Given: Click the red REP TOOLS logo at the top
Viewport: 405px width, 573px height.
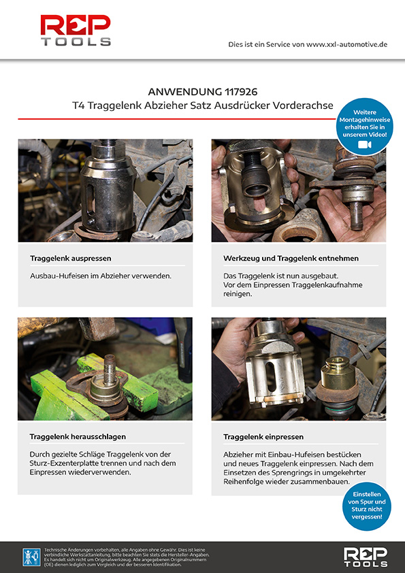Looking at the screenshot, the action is pos(76,31).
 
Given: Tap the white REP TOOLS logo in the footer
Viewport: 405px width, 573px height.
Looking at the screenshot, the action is pos(365,557).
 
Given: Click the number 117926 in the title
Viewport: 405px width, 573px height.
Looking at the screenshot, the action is pos(241,91).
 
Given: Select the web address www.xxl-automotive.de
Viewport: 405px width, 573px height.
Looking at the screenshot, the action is pos(346,45).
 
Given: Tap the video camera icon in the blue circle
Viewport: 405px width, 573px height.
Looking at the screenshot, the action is pos(364,145).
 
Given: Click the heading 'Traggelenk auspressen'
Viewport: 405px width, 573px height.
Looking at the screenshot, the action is pos(71,259).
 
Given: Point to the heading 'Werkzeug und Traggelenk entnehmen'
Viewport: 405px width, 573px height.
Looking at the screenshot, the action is pos(291,259).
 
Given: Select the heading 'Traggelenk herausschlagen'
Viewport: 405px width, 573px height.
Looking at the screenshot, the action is pos(78,437).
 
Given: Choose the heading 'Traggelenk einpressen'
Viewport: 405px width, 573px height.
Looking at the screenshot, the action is pos(263,437).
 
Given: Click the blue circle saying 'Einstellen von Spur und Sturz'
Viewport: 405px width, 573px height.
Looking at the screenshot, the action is pos(367,506).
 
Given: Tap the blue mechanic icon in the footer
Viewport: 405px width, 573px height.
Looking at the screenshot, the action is pos(32,557).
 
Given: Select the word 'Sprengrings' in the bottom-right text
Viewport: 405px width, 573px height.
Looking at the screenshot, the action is pos(293,473).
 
